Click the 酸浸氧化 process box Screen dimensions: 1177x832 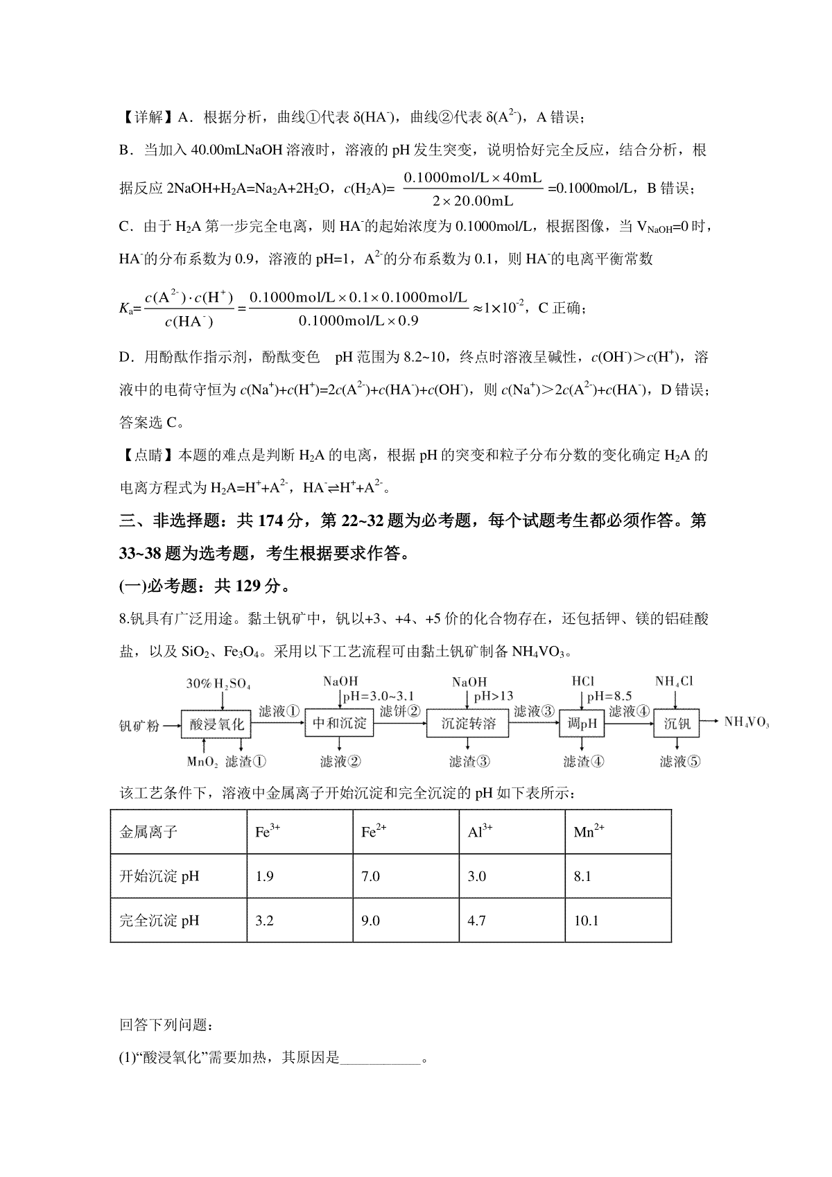217,724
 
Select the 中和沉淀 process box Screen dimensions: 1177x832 340,724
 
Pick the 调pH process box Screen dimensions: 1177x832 582,724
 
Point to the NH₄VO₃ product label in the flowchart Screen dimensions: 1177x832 747,722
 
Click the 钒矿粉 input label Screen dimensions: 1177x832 139,726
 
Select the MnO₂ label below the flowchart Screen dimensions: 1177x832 202,762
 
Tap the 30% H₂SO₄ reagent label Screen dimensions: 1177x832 218,683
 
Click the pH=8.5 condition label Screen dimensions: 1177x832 609,697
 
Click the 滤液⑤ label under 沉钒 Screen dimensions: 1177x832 680,762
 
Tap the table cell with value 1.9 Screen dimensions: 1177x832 265,876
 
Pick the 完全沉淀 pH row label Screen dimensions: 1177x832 159,921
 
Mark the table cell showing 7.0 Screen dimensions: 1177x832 371,876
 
